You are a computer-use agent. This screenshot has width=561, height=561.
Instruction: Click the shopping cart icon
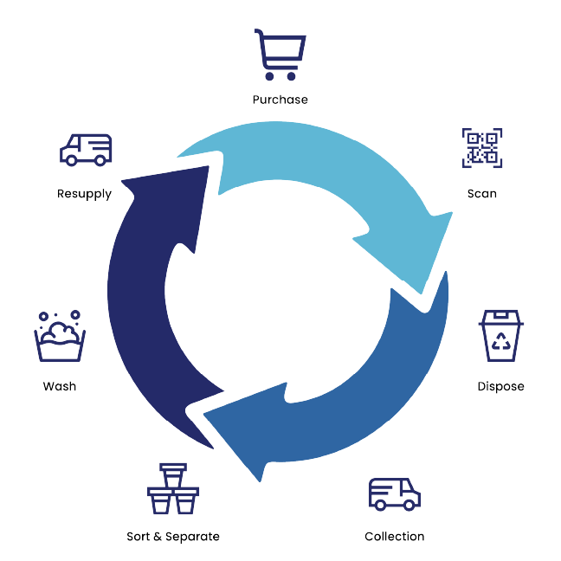click(280, 55)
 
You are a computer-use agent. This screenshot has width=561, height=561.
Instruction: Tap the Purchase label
click(280, 100)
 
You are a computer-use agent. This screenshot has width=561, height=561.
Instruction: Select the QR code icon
click(481, 149)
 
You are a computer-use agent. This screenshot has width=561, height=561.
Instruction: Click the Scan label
click(481, 193)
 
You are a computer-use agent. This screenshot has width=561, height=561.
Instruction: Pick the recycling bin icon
click(500, 338)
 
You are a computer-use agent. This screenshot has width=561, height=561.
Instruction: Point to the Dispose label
click(500, 386)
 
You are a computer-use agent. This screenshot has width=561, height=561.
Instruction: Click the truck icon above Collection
click(395, 494)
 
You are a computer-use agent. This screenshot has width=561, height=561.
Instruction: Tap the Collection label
click(395, 537)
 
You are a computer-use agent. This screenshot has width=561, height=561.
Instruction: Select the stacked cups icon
click(172, 491)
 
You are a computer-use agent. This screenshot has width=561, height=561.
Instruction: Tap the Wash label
click(59, 386)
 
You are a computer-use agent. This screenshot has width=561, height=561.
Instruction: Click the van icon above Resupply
click(86, 150)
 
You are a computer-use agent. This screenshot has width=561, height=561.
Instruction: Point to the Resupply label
click(85, 193)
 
